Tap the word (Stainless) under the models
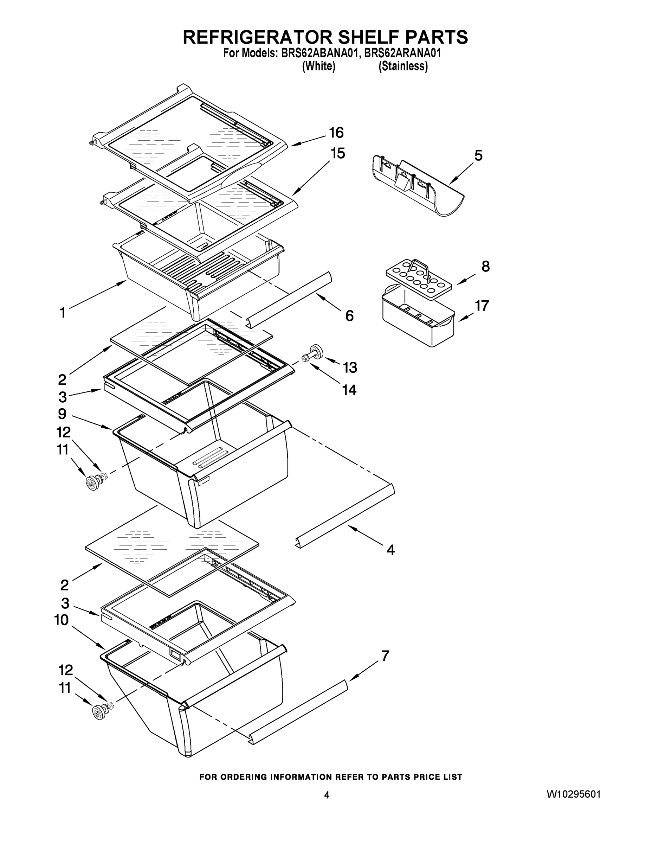(403, 66)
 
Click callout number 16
(336, 133)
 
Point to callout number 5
(478, 156)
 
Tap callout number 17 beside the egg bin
(482, 306)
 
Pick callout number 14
(349, 390)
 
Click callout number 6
(349, 316)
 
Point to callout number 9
(62, 414)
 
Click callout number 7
(385, 656)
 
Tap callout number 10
(62, 620)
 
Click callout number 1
(63, 313)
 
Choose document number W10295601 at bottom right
(574, 794)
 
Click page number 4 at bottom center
(327, 795)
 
